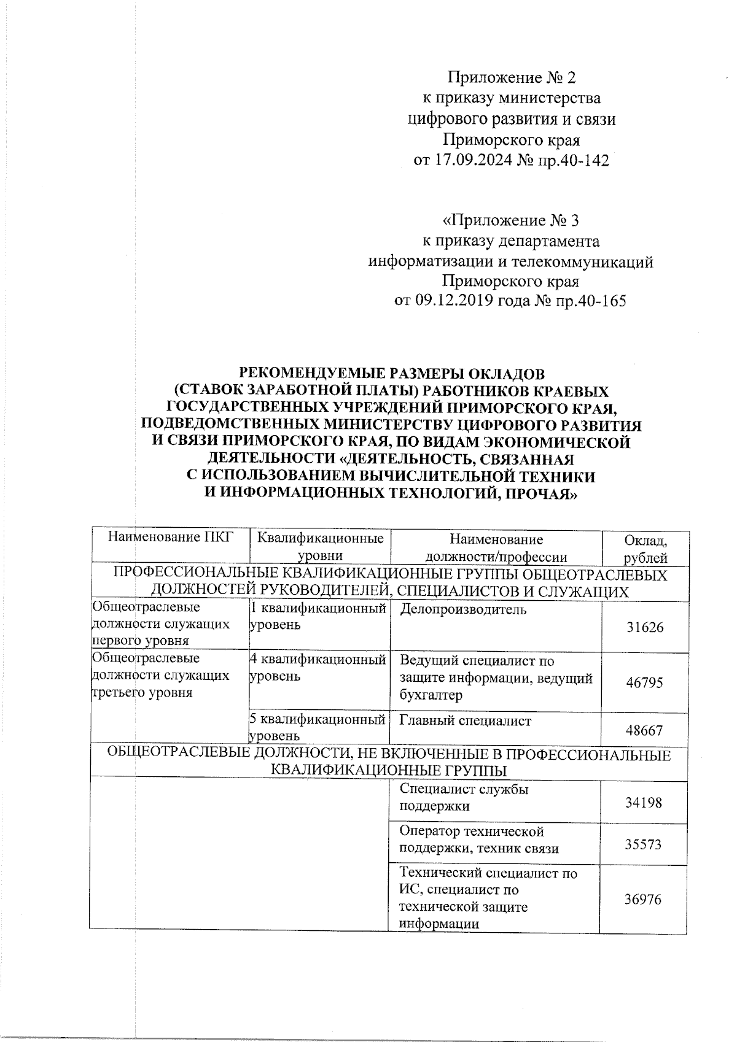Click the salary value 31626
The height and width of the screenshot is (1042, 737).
pos(644,628)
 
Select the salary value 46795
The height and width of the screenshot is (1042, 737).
pos(644,682)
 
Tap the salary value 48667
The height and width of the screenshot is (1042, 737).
pos(644,730)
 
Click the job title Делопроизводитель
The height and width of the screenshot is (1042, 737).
pos(463,609)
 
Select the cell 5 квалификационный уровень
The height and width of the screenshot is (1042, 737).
pos(318,727)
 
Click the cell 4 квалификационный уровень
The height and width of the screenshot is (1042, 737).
pos(318,668)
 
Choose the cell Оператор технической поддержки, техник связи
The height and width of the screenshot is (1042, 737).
pos(479,840)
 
